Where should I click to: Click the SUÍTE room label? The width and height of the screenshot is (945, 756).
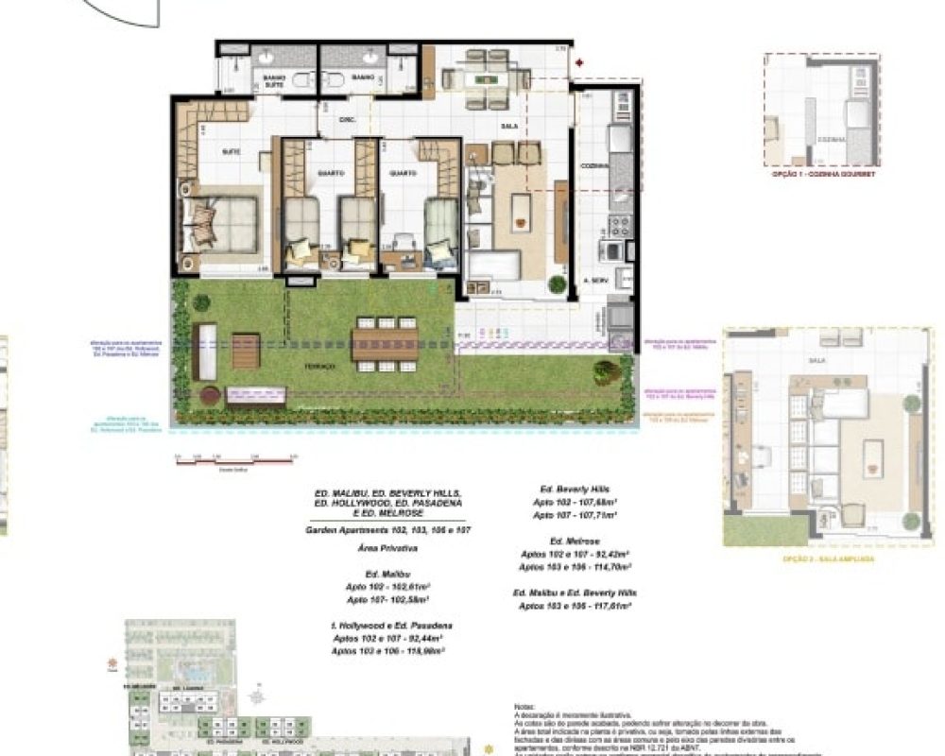tap(230, 151)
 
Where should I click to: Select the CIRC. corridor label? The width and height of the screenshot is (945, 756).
tap(348, 120)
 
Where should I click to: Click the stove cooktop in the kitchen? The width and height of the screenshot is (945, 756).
tap(620, 226)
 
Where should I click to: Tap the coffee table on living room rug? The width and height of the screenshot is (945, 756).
tap(519, 213)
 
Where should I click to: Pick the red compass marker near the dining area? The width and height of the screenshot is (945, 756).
tap(579, 63)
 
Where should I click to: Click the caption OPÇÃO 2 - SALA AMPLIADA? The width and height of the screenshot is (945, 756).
tap(827, 558)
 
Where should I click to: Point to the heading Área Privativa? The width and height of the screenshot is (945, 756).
tap(388, 547)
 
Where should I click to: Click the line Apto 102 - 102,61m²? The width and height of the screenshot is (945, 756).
tap(388, 587)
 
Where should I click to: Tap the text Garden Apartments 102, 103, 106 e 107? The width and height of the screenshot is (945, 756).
tap(387, 531)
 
